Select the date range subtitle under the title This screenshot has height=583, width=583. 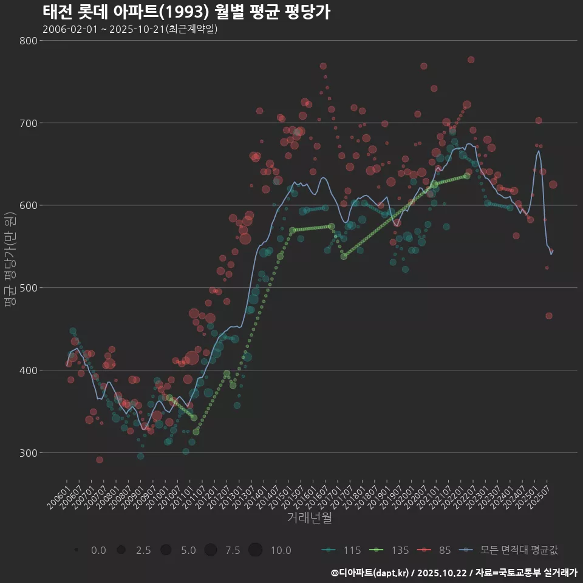click(x=130, y=29)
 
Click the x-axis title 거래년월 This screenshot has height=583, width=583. click(x=309, y=518)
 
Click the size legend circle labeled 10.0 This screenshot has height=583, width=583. click(x=255, y=550)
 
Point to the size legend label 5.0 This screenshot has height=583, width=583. click(x=188, y=550)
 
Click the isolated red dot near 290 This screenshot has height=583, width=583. click(x=100, y=460)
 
